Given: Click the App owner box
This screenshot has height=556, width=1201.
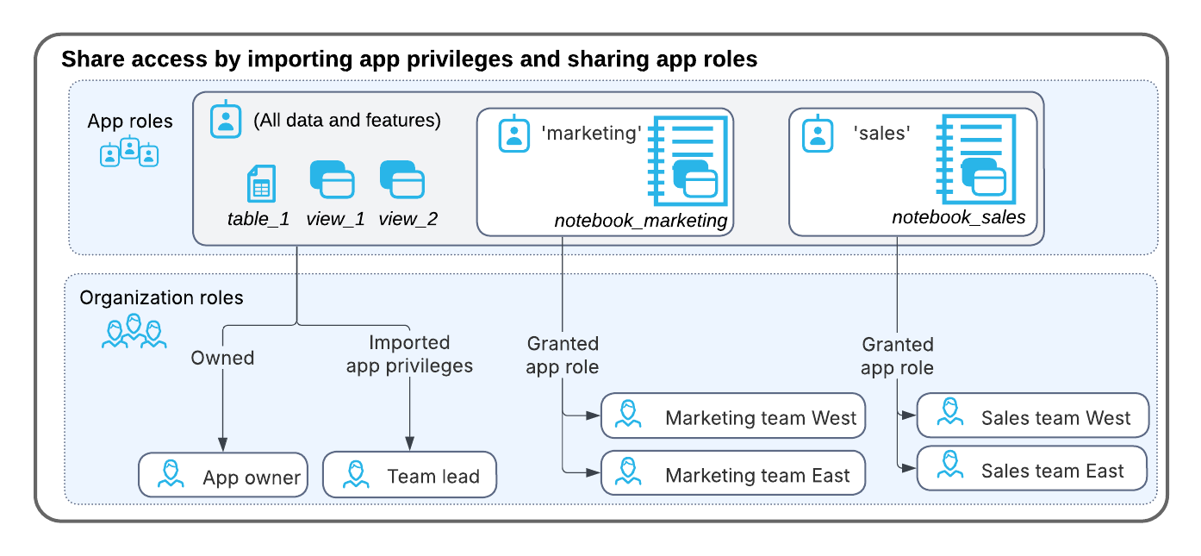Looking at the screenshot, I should coord(223,475).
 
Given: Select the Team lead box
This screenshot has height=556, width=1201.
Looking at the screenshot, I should coord(409,475).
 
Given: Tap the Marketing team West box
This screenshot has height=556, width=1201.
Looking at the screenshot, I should coord(732,418).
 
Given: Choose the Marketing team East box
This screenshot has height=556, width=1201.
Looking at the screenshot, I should coord(732,473).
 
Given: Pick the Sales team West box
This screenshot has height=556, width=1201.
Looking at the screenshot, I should coord(1033,417).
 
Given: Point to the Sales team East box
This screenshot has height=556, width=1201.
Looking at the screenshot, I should coord(1033,470).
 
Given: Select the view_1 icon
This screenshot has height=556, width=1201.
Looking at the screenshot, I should coord(333,181).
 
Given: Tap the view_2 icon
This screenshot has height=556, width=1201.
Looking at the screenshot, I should coord(402,181).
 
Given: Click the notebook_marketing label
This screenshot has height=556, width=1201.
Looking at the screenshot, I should coord(641,221).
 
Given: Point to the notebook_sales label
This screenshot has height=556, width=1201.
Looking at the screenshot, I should coord(958,217).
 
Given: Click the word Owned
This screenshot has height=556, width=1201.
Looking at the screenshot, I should coord(222,358).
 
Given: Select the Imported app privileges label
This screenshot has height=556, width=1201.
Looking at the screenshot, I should coord(409,354).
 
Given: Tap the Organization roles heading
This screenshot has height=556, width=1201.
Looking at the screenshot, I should coord(162,298).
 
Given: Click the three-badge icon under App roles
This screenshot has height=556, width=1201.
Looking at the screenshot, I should coord(129,152).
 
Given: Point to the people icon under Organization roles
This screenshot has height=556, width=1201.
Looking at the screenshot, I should coord(134,332).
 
